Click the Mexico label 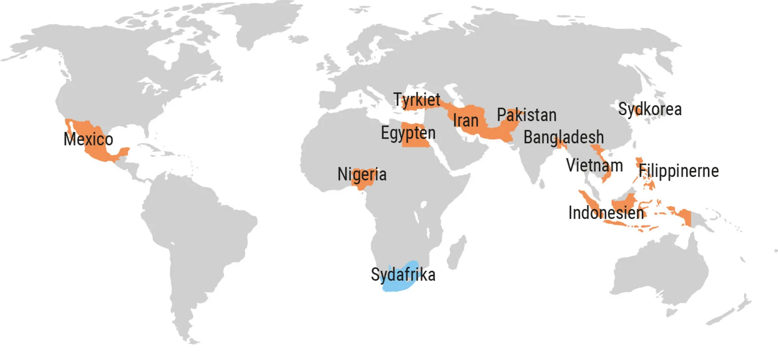click(88, 139)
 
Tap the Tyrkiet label click(417, 100)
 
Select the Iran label click(466, 121)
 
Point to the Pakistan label click(527, 115)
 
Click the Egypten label click(408, 133)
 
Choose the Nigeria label click(362, 174)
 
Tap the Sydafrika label click(403, 275)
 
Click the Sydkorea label click(650, 109)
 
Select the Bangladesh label click(564, 137)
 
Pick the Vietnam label click(594, 165)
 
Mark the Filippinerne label click(679, 171)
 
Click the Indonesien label click(606, 213)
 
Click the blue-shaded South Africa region click(401, 286)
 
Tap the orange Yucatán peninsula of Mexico click(123, 152)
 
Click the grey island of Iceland click(298, 39)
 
